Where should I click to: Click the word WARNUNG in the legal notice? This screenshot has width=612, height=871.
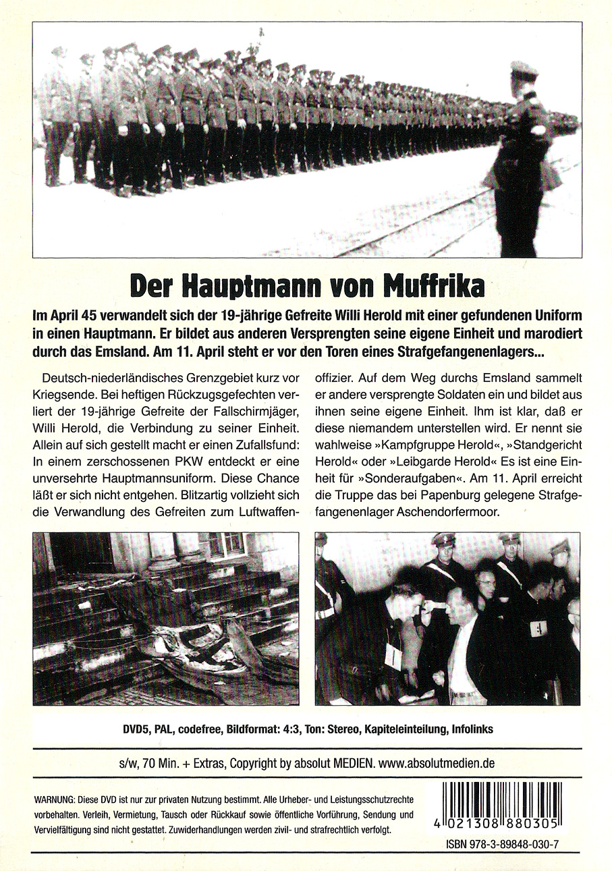(x=53, y=799)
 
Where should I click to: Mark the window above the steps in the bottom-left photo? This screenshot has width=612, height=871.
(x=225, y=544)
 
